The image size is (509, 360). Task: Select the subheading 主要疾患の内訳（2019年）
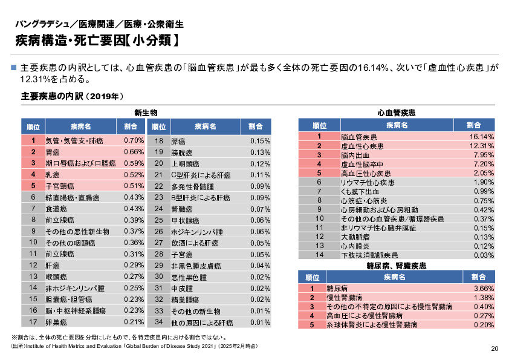[x=73, y=96]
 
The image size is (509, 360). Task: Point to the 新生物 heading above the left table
[x=146, y=113]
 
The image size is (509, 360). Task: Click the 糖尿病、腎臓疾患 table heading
[x=397, y=266]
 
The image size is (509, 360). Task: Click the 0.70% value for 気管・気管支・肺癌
[x=133, y=141]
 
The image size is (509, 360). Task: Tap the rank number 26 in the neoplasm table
[x=159, y=231]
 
